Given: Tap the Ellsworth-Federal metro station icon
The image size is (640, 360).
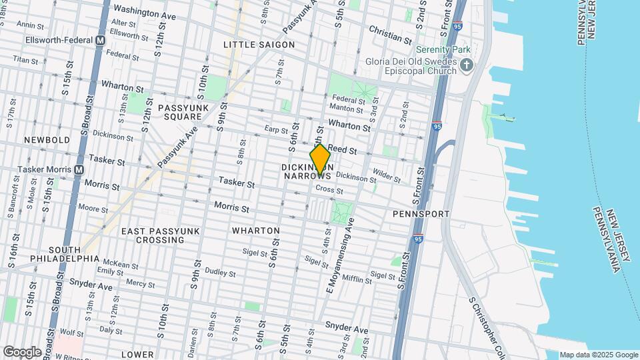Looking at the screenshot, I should (100, 40).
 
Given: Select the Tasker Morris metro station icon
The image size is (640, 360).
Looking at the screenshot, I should (79, 169).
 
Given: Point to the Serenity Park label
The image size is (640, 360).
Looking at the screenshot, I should (443, 49).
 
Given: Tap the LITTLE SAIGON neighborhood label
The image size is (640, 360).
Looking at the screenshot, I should (259, 45).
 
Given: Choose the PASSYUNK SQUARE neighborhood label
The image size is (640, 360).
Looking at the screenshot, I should (179, 111).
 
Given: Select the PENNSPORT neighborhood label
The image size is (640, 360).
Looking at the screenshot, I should (421, 214).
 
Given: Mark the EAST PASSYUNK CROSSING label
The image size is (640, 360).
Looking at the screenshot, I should (161, 235).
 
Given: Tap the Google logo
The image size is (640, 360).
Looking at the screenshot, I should (22, 351).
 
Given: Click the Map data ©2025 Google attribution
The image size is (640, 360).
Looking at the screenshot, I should (598, 355).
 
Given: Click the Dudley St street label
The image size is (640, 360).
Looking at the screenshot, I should (220, 272).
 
